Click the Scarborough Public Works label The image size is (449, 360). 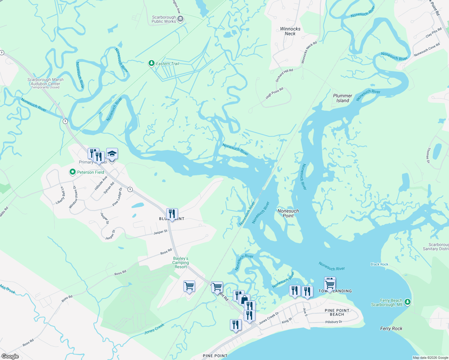164,19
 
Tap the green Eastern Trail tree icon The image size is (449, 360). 152,63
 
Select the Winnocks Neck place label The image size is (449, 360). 290,31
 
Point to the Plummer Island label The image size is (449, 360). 342,98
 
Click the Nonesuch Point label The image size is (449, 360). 288,213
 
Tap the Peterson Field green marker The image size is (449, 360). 72,172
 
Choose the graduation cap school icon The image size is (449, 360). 112,154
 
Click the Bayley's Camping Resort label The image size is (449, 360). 181,262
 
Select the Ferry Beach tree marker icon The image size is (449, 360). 407,302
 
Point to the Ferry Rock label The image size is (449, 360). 391,328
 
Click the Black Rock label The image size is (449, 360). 379,264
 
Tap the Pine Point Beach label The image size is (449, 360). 337,312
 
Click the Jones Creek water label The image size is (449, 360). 154,329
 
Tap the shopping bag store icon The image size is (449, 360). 244,299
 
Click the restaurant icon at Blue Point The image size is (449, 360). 172,214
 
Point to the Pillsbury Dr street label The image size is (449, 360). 334,322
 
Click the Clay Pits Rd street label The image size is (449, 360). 434,32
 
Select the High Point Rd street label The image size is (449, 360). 274,93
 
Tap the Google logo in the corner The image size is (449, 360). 10,356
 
